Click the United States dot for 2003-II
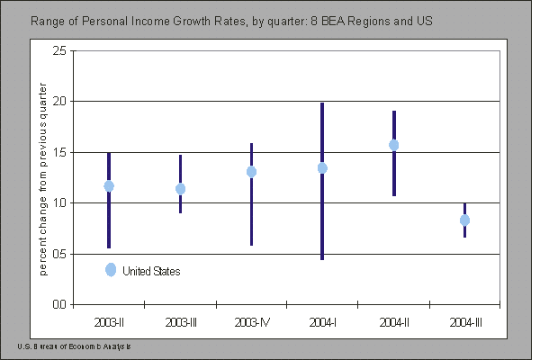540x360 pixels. click(109, 186)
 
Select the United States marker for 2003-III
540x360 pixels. click(180, 189)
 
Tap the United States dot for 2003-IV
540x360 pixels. click(251, 172)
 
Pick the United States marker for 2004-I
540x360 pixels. click(322, 168)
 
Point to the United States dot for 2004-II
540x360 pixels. click(393, 145)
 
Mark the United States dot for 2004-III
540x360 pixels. click(464, 220)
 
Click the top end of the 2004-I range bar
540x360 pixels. click(322, 103)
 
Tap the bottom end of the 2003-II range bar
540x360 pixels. click(109, 247)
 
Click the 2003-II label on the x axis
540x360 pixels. click(109, 321)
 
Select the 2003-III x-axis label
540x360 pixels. click(180, 321)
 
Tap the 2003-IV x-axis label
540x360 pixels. click(251, 321)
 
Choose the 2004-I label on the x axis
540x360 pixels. click(322, 321)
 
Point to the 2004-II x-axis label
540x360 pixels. click(393, 321)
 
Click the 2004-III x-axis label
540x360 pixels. click(464, 321)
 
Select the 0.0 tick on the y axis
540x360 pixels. click(57, 305)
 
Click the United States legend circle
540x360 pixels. click(111, 270)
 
